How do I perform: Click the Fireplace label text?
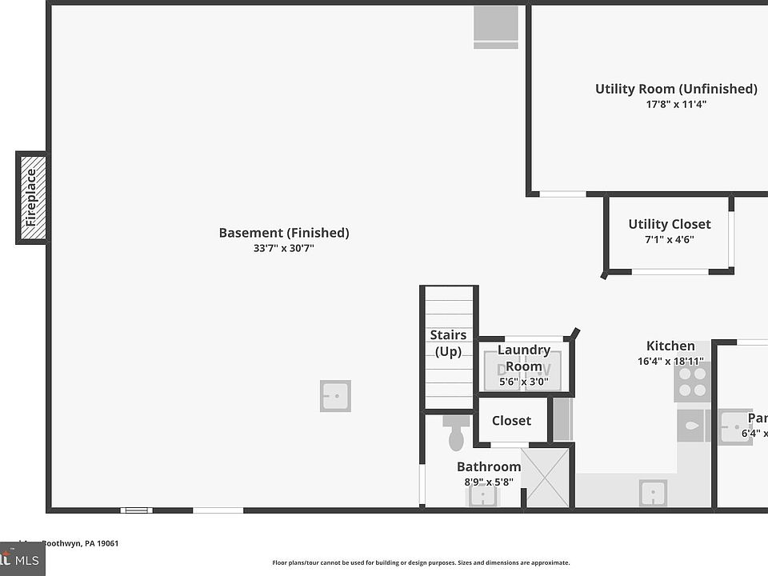pos(31,198)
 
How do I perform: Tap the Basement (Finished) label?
pos(284,233)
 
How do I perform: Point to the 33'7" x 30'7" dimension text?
pos(284,248)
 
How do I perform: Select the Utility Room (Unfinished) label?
pos(676,89)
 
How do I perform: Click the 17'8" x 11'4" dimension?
pos(676,104)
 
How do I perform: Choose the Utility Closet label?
pos(670,224)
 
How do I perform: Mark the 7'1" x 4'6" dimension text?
pos(670,239)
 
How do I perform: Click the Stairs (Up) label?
pos(448,343)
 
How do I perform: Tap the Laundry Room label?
pos(524,358)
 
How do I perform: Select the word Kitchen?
pos(670,346)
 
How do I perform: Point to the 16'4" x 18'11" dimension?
pos(670,362)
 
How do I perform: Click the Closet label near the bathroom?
pos(511,421)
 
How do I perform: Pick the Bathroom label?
pos(489,466)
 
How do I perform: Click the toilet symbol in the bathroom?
pos(457,433)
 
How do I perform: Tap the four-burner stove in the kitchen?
pos(693,382)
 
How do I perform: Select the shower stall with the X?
pos(546,478)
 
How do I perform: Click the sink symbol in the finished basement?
pos(335,396)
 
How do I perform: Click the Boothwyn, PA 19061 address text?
pos(80,543)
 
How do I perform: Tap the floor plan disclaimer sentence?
pos(421,562)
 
